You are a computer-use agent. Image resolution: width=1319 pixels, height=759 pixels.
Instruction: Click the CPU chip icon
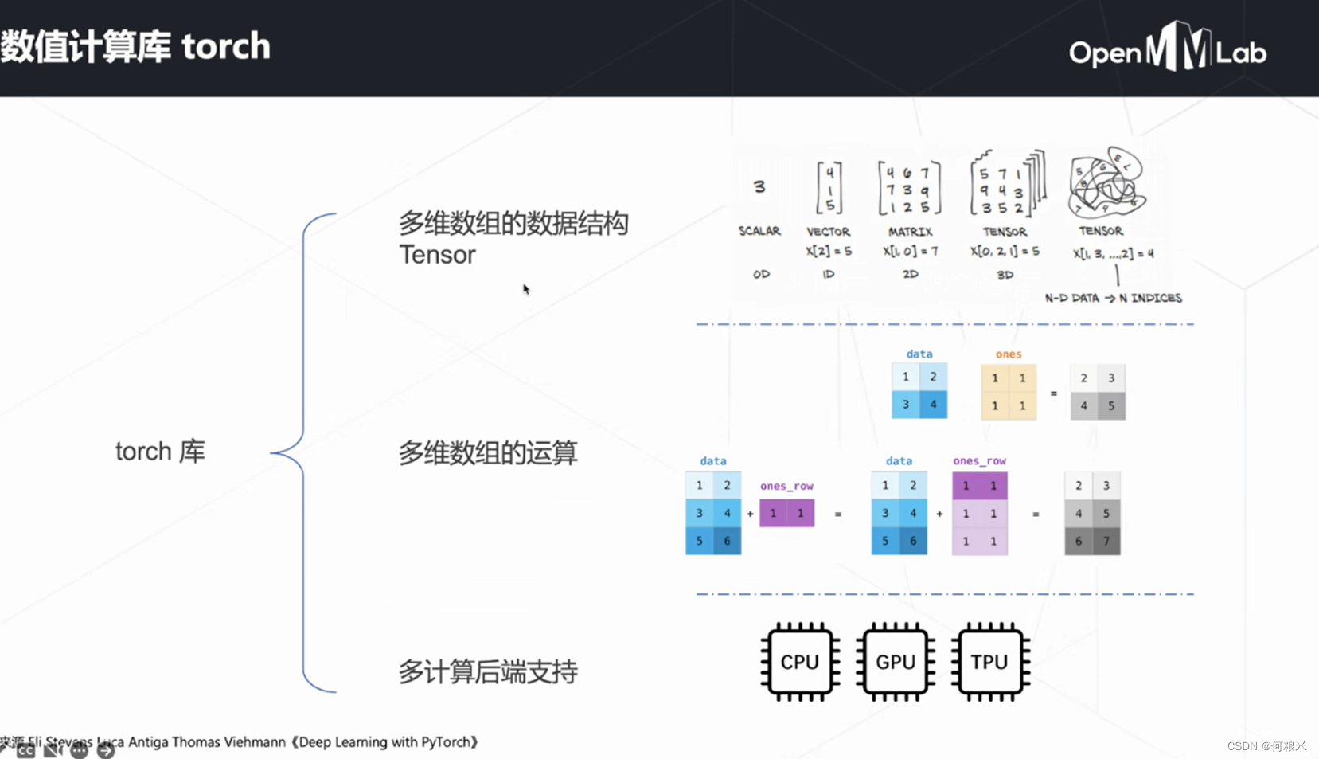[800, 662]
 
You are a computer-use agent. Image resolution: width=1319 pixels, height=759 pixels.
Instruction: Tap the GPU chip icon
[895, 662]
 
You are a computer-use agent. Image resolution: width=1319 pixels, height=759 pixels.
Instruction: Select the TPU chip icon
[989, 662]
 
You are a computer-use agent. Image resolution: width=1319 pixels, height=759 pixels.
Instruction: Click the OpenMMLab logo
[1167, 49]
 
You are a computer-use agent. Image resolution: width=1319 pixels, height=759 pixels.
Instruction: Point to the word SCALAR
[759, 231]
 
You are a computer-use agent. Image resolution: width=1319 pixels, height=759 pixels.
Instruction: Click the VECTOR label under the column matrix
[828, 232]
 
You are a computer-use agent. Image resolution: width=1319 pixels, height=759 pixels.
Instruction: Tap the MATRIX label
[910, 232]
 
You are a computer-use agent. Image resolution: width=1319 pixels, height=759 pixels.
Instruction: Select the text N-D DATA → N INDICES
[1113, 298]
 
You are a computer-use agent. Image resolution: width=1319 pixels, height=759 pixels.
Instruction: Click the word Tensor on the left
[437, 255]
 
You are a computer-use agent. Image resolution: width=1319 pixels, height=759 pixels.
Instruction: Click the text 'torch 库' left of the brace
[160, 452]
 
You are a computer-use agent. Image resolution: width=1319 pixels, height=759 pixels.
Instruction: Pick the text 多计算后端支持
[487, 671]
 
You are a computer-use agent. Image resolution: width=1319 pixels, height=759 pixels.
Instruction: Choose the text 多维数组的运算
[487, 452]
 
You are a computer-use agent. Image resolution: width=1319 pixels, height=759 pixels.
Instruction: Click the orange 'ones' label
[1008, 354]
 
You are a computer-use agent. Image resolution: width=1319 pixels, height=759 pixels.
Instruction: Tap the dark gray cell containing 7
[1106, 541]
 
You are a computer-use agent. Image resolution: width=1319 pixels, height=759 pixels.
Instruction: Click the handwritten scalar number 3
[759, 186]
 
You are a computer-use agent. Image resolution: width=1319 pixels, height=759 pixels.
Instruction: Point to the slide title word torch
[226, 46]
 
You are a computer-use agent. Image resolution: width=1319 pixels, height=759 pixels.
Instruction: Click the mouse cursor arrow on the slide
[525, 288]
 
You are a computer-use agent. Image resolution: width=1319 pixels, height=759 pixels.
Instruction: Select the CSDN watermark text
[1266, 746]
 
